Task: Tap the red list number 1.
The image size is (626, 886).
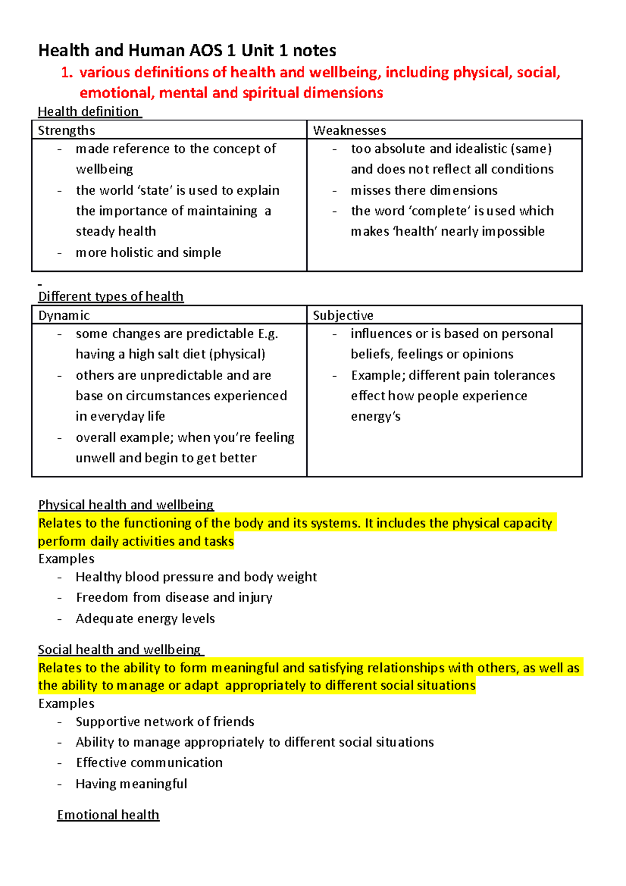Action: point(65,73)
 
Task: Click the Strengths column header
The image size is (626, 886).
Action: point(66,130)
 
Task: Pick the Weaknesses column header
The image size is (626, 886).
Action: point(350,130)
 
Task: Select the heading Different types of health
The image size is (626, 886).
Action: point(111,296)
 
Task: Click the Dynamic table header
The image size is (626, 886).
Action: point(64,316)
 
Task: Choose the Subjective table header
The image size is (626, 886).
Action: point(343,316)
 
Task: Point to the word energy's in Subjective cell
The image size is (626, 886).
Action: point(376,417)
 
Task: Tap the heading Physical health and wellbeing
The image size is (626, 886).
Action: point(126,505)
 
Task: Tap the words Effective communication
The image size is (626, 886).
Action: point(149,763)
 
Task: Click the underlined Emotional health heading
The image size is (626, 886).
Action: point(108,815)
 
